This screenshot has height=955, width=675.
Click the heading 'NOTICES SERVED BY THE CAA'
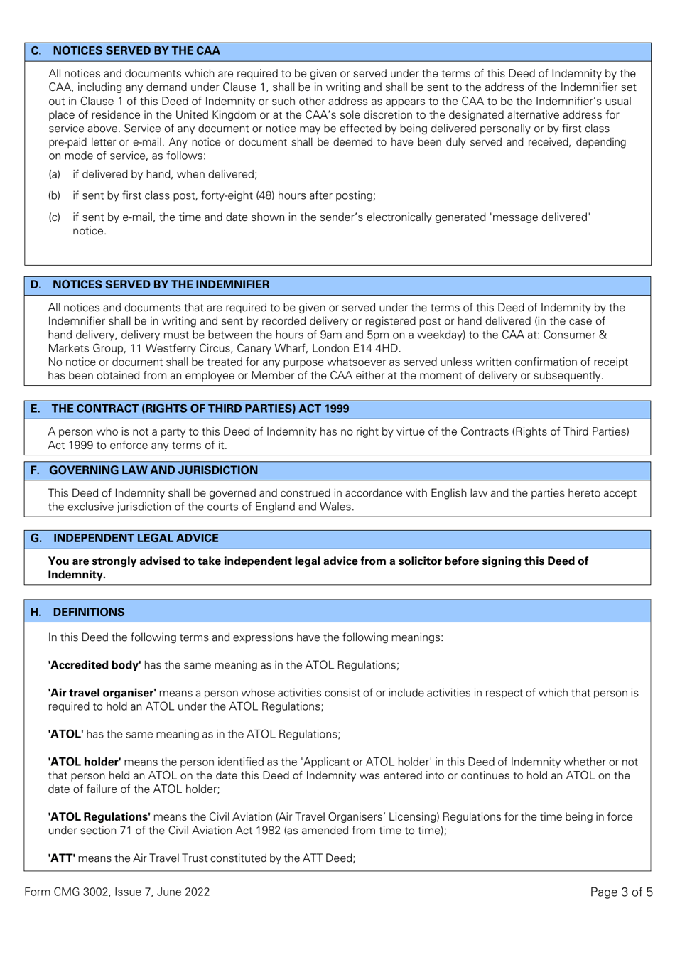(136, 50)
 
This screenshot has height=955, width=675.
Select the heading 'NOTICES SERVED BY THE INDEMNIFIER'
(161, 284)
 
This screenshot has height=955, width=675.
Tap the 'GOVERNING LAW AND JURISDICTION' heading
(153, 470)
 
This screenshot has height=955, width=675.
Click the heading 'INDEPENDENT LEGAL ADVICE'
(136, 538)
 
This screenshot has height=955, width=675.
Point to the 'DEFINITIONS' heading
(89, 612)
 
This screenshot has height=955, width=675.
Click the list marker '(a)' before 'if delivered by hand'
(54, 174)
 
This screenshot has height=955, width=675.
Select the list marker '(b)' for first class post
(54, 195)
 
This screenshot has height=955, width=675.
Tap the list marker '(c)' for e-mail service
(54, 217)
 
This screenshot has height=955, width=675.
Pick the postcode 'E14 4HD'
(377, 348)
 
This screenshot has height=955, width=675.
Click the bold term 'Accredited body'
(94, 665)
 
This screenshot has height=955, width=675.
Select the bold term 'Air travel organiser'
(102, 693)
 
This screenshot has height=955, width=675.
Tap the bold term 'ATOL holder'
(85, 762)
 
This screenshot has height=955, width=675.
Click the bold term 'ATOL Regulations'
(99, 817)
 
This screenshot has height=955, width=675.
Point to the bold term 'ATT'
(62, 858)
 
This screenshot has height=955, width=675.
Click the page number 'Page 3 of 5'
(621, 892)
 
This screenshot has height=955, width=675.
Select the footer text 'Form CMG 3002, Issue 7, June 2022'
(117, 892)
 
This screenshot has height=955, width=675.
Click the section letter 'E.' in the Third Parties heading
(36, 409)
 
